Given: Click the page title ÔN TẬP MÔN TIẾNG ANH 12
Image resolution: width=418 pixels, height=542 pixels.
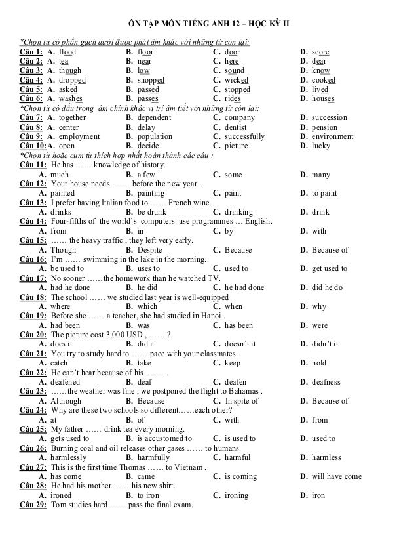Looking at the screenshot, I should click(178, 24).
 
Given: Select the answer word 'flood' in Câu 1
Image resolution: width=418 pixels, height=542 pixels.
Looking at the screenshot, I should click(67, 51).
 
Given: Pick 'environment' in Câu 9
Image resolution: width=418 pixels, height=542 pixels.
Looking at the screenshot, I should click(334, 137).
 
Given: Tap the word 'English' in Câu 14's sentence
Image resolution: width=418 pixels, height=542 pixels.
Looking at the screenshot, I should click(257, 222).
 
